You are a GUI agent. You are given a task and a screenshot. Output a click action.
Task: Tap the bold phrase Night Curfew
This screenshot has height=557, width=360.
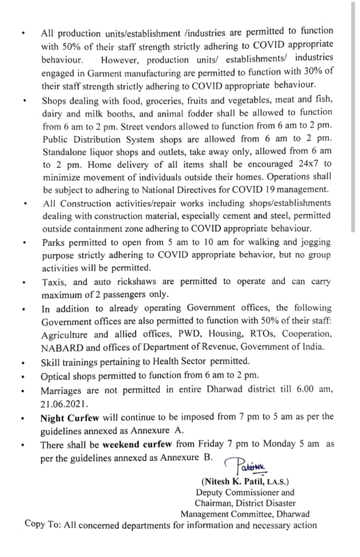(x=70, y=418)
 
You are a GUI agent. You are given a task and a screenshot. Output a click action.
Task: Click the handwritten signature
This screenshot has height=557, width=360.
(x=250, y=466)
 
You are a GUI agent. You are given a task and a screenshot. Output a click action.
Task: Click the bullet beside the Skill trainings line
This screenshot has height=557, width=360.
(x=27, y=362)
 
